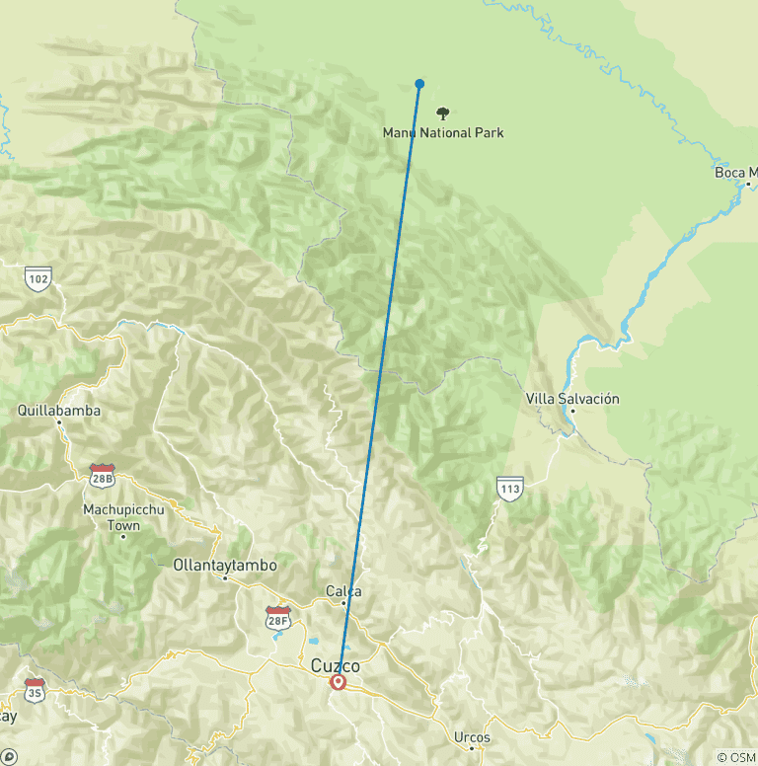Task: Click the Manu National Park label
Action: (x=443, y=132)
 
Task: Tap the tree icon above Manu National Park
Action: (x=443, y=114)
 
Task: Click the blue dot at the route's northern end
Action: (x=420, y=84)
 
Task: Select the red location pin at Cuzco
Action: (x=339, y=682)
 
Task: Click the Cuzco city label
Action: (x=336, y=666)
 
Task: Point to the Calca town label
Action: (x=343, y=591)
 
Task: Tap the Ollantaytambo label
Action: (x=224, y=566)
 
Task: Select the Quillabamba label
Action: (x=59, y=410)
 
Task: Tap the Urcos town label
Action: (x=472, y=736)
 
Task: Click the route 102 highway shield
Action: (x=38, y=279)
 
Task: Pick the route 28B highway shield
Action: (x=103, y=474)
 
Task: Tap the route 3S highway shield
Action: (x=35, y=689)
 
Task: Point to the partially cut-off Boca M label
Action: (x=735, y=173)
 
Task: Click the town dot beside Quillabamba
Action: (x=59, y=422)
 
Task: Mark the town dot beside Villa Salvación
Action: (x=570, y=412)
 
